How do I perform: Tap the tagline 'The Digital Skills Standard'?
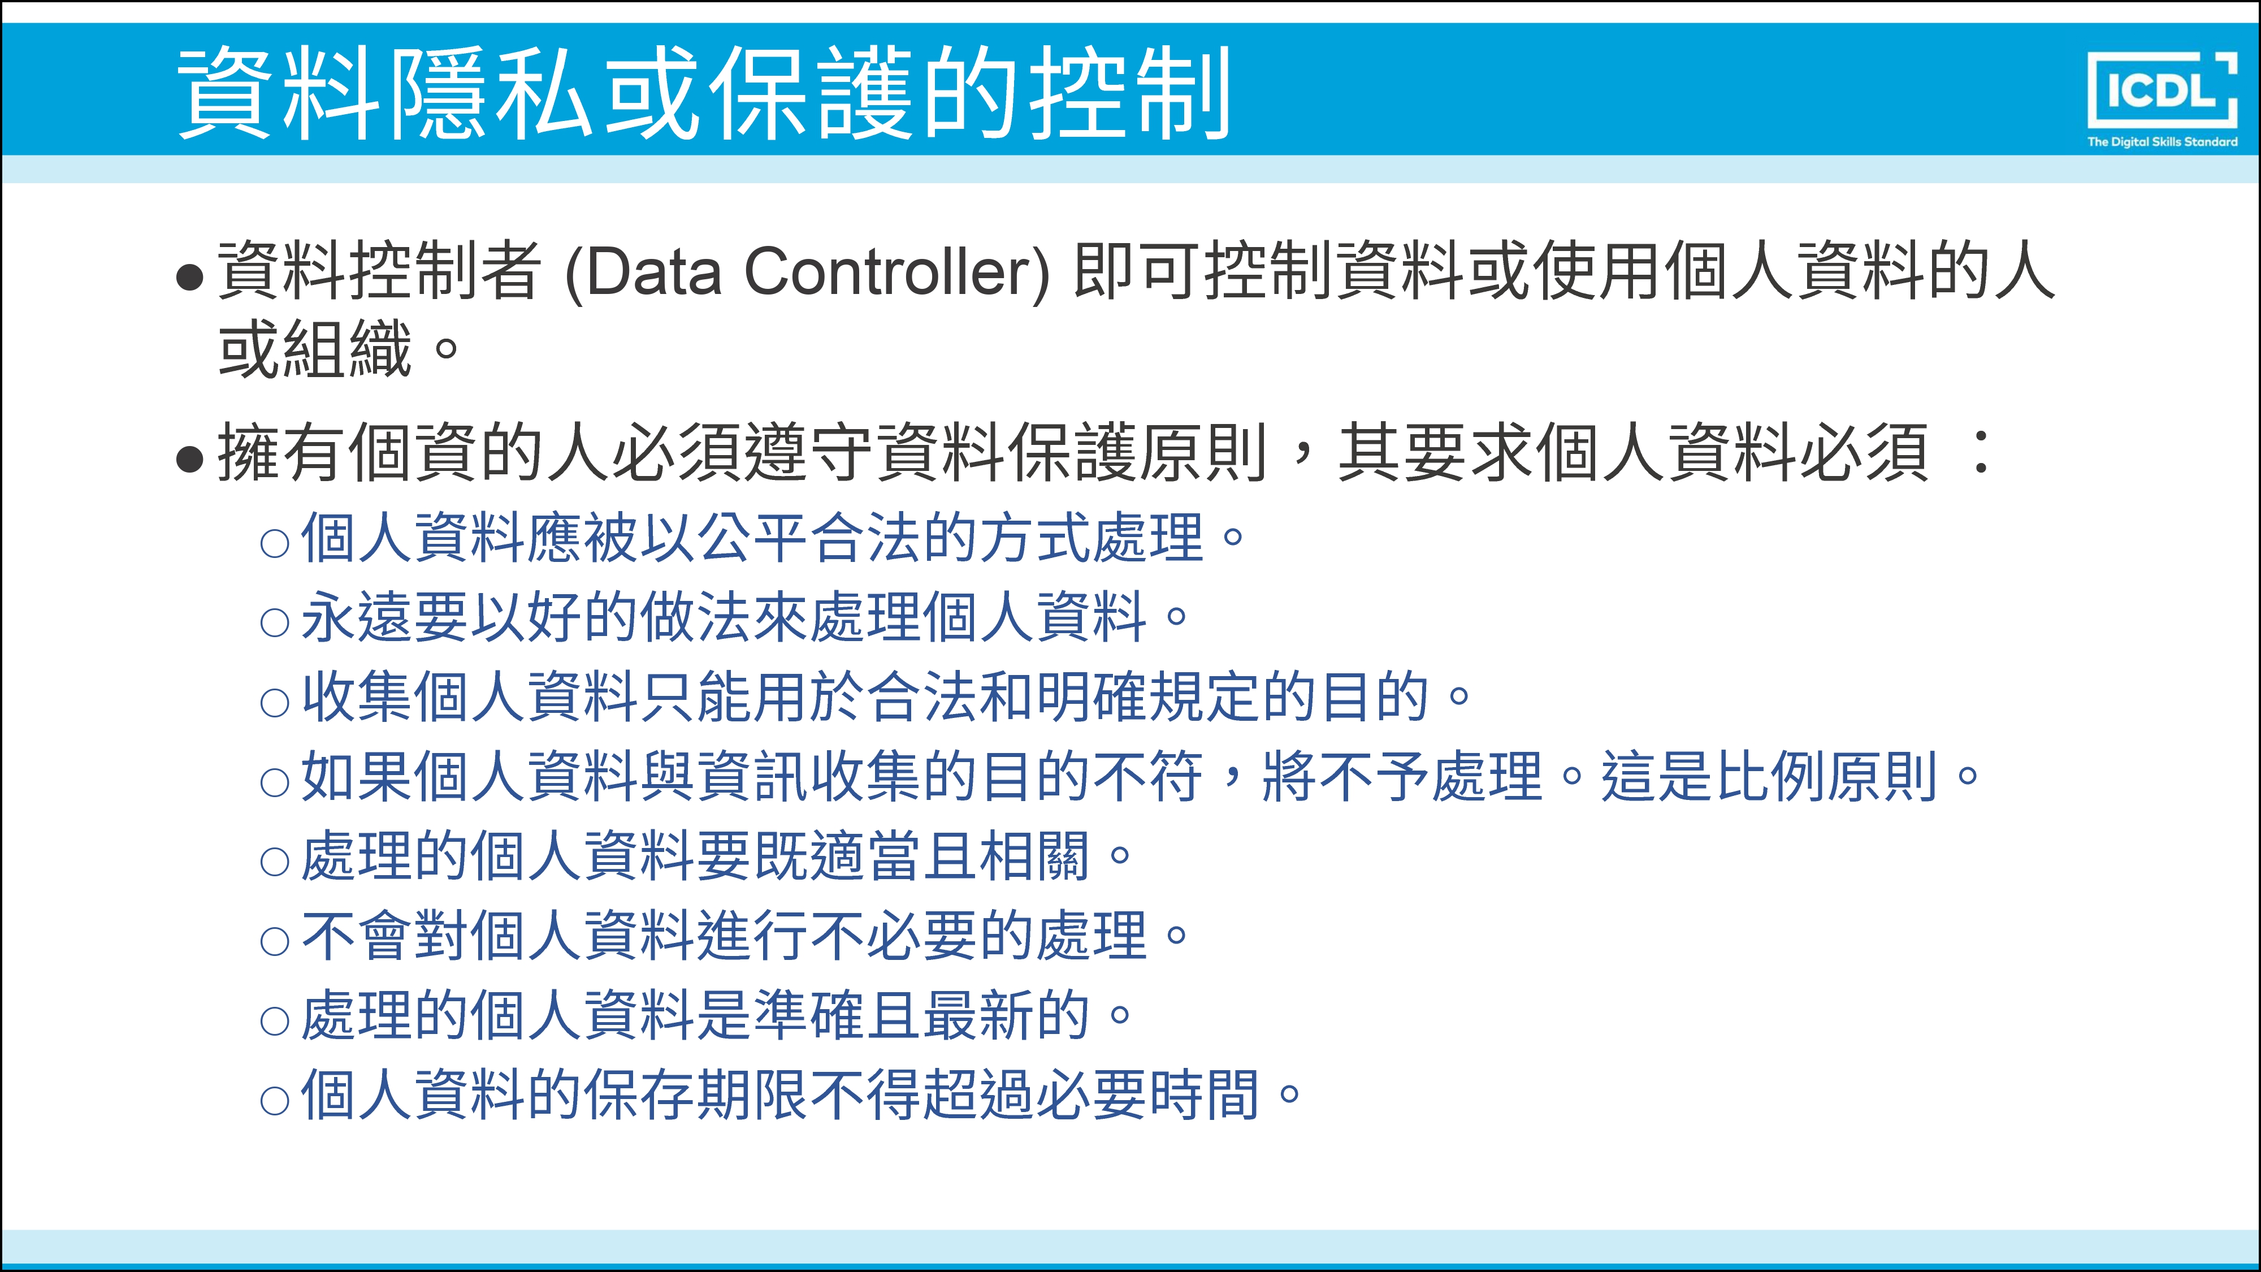point(2162,141)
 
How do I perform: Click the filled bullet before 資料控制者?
point(189,278)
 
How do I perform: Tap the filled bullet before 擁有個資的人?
point(189,458)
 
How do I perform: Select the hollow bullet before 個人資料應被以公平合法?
point(275,543)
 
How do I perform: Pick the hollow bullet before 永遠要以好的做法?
point(275,623)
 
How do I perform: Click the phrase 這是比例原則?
point(1768,777)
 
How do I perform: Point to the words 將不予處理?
point(1402,777)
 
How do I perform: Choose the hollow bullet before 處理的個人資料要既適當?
point(275,862)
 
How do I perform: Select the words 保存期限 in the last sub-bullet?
point(697,1096)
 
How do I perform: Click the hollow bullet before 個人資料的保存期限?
point(275,1101)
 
